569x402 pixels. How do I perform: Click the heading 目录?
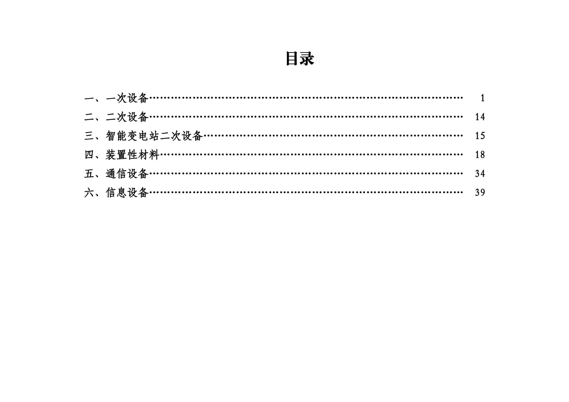tap(300, 59)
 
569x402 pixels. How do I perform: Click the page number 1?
tap(483, 98)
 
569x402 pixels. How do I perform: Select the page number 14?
tap(480, 117)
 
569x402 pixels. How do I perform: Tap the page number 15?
tap(480, 136)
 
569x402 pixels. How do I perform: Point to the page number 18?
tap(480, 155)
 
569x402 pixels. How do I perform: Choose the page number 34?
tap(480, 174)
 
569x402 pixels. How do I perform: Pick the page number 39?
tap(480, 192)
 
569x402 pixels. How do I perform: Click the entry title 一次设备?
tap(127, 98)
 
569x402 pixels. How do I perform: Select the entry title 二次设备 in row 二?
tap(127, 117)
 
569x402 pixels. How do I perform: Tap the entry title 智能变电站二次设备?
tap(154, 136)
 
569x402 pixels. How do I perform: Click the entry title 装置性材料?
tap(132, 155)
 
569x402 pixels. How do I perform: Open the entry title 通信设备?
tap(127, 174)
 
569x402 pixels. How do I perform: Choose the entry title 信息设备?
tap(127, 192)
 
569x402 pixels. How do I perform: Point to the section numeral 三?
tap(89, 136)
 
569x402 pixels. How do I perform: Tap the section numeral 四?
tap(89, 155)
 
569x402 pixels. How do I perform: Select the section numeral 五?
tap(89, 174)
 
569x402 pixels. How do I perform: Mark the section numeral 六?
tap(89, 192)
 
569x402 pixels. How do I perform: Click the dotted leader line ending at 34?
tap(306, 174)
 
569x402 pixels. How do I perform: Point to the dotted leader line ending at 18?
tap(311, 155)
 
